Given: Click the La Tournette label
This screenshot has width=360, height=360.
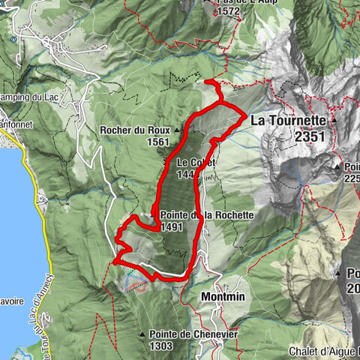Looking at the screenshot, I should [x=287, y=120].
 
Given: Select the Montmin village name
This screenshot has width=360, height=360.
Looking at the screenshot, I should [x=224, y=297].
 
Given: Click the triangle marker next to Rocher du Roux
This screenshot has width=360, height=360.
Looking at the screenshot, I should [x=177, y=130].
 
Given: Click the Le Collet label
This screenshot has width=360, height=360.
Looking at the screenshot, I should [x=196, y=162].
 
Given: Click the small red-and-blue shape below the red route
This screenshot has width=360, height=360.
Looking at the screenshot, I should [x=138, y=285].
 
